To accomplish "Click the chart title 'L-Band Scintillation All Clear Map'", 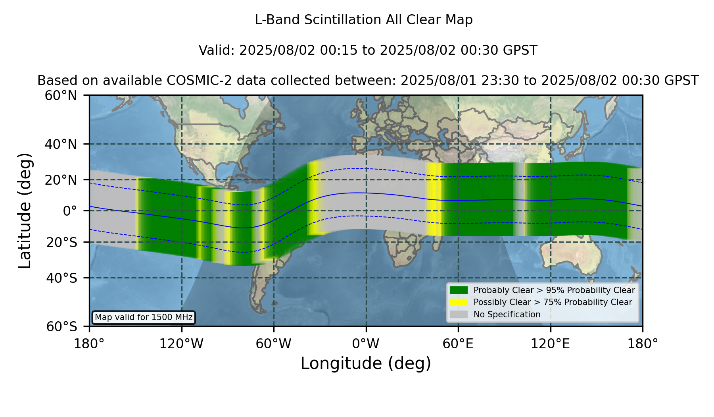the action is pos(364,20).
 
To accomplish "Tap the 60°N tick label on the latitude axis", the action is pos(61,96).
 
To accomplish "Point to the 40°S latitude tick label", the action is pos(62,278).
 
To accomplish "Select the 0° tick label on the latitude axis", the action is pos(70,211).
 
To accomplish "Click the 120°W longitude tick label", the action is pos(181,344).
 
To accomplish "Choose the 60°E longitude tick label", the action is pos(458,344).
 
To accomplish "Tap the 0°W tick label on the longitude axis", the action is pos(366,344).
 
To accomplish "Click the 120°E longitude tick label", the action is pos(551,344).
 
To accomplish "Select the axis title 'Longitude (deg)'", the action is pos(366,363).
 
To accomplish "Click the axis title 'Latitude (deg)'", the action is pos(25,210).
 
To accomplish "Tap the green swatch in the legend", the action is pos(459,290).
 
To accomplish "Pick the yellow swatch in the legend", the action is pos(459,302).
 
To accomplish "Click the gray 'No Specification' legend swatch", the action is pos(459,315).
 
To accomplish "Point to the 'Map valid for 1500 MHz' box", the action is pos(144,317).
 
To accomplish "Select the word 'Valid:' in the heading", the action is pos(217,50).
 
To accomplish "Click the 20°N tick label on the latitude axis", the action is pos(61,180).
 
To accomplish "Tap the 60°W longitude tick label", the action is pos(274,344).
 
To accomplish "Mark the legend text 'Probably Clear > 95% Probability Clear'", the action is pos(554,290).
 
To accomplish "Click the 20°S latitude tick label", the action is pos(62,242).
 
